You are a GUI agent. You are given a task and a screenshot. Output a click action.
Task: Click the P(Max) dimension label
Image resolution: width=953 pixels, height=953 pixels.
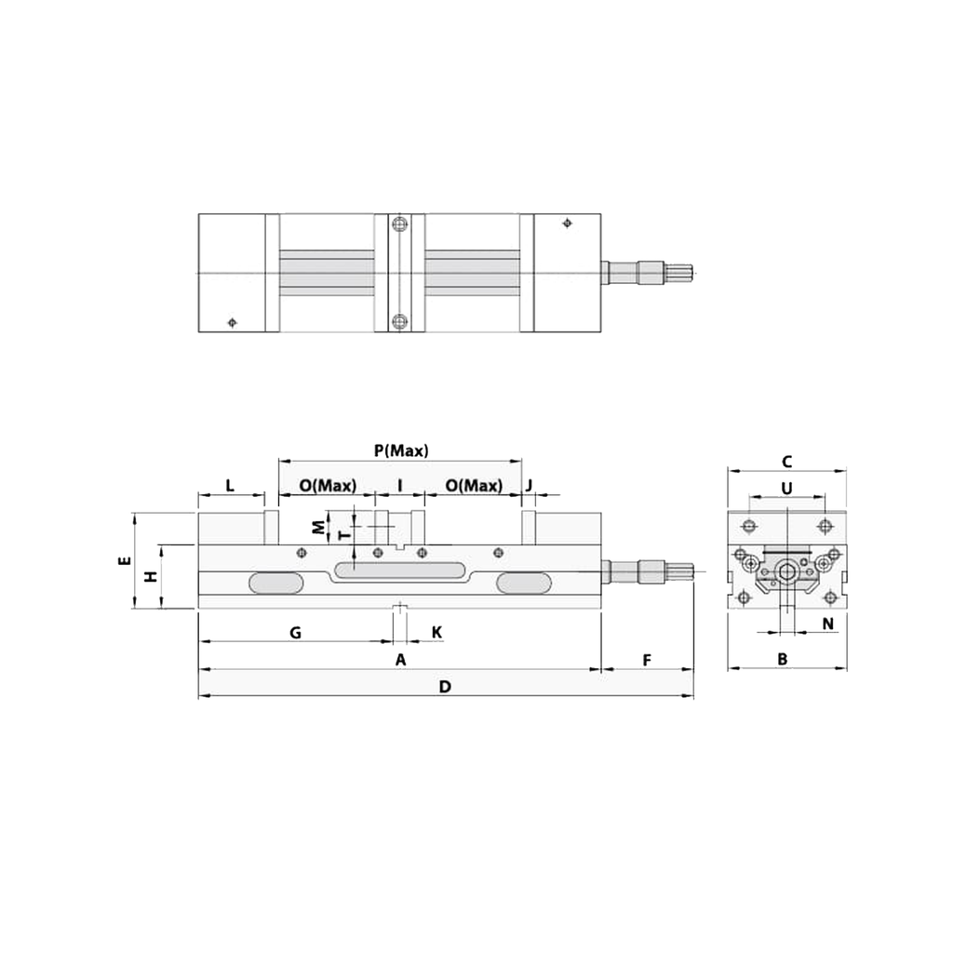click(401, 450)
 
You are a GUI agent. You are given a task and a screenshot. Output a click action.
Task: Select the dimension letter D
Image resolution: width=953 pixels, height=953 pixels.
click(445, 687)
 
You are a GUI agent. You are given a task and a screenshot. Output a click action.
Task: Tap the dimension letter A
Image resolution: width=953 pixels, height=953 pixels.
click(401, 660)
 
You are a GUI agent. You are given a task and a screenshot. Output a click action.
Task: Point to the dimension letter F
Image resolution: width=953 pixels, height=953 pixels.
click(647, 660)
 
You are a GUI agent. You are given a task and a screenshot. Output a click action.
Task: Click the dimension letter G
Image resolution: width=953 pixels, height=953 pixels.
click(295, 633)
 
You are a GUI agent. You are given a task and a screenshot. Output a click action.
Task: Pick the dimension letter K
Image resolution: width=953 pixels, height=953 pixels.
click(436, 633)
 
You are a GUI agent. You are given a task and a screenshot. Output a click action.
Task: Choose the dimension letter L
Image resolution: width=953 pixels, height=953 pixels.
click(230, 486)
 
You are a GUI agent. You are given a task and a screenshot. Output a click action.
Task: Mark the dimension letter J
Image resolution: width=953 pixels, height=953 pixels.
click(529, 486)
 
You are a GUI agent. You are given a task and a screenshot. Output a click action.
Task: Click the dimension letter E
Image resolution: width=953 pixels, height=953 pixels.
click(121, 561)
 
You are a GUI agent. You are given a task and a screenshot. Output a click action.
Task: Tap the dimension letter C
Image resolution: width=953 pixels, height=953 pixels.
click(786, 461)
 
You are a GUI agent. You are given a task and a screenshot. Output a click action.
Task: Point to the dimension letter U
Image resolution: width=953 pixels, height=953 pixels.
click(786, 488)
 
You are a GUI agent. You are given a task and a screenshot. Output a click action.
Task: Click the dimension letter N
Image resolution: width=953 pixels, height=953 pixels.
click(827, 623)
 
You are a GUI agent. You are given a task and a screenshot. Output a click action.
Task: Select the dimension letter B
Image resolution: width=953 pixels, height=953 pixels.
click(783, 659)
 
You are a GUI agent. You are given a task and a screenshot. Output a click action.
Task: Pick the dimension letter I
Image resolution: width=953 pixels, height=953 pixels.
click(400, 486)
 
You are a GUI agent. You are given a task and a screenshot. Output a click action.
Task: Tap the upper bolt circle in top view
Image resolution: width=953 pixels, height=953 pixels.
click(400, 225)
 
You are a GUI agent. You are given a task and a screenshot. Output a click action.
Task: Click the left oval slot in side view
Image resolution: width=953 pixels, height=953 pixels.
click(275, 583)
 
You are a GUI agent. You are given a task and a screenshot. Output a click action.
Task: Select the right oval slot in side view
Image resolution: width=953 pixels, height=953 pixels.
click(523, 583)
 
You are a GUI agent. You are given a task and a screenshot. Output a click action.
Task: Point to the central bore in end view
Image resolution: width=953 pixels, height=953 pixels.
click(787, 571)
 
